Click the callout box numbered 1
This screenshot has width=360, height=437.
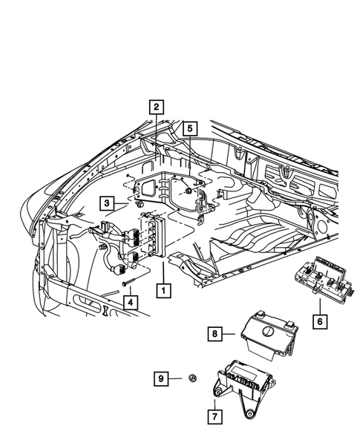(x=161, y=290)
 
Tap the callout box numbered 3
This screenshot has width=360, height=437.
(x=108, y=203)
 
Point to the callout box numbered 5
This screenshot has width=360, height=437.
(x=190, y=128)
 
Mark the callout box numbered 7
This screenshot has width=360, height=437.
(x=214, y=416)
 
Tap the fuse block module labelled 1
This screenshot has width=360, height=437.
(x=151, y=234)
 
